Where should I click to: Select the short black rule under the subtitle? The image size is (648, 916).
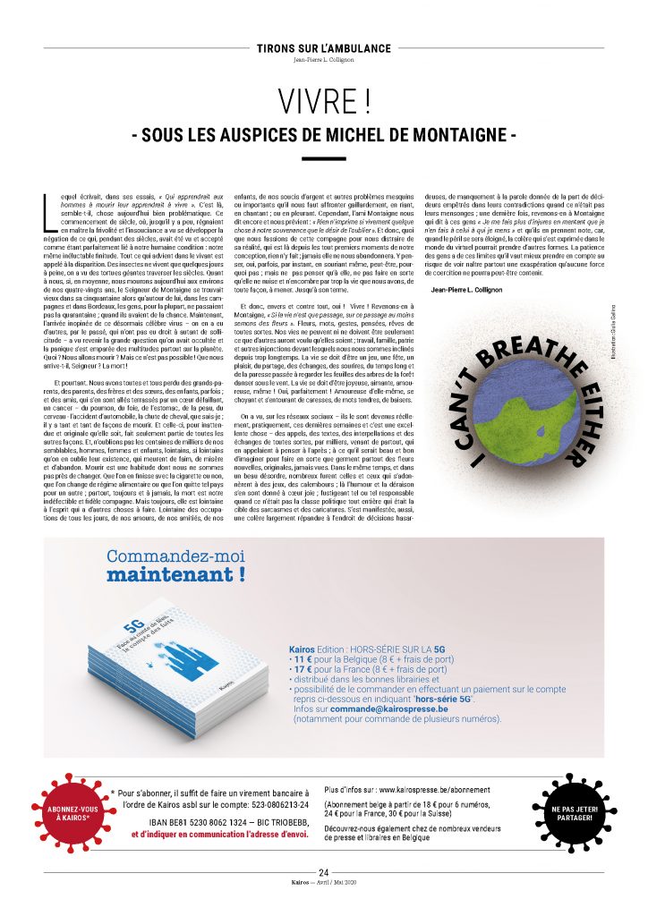(323, 158)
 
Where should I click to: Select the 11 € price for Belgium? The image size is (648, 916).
(309, 658)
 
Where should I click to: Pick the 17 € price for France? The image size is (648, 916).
(309, 668)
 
